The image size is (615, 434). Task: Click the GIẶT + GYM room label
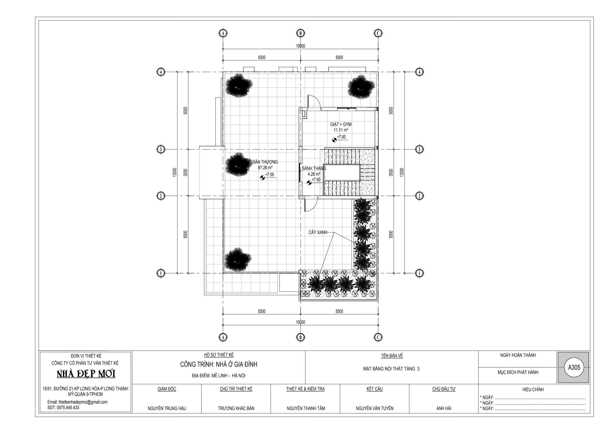point(341,124)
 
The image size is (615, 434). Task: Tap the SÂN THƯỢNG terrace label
point(265,162)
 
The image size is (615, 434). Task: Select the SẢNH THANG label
point(314,168)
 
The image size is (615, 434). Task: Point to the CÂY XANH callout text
point(318,232)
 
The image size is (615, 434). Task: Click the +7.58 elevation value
point(269,175)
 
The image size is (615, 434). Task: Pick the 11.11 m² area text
point(341,130)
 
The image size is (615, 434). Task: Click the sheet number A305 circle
point(574,367)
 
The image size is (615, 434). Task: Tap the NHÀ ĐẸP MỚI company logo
point(86,374)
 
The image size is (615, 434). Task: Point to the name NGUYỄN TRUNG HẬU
point(167,408)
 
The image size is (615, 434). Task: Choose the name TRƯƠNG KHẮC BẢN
point(236,408)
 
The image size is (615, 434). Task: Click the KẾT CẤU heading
point(374,389)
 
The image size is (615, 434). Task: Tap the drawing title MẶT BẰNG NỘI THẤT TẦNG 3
point(391,369)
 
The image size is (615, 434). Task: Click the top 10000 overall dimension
point(301,46)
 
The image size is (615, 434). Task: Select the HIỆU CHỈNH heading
point(533,389)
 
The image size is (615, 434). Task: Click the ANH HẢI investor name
point(444,408)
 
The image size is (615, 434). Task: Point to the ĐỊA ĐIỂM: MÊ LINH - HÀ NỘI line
point(219,376)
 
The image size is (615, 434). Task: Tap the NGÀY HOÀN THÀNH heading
point(518,355)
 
